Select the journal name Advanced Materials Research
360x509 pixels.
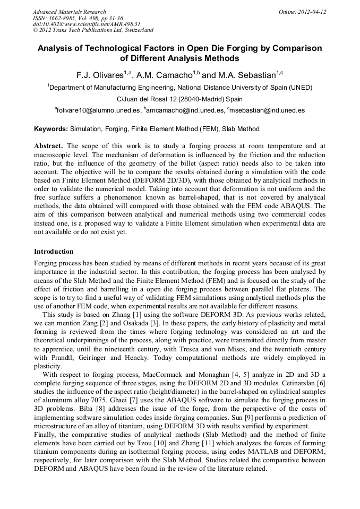point(69,12)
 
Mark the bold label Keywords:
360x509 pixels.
point(51,129)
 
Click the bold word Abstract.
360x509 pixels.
point(48,146)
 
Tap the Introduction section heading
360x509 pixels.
point(54,252)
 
